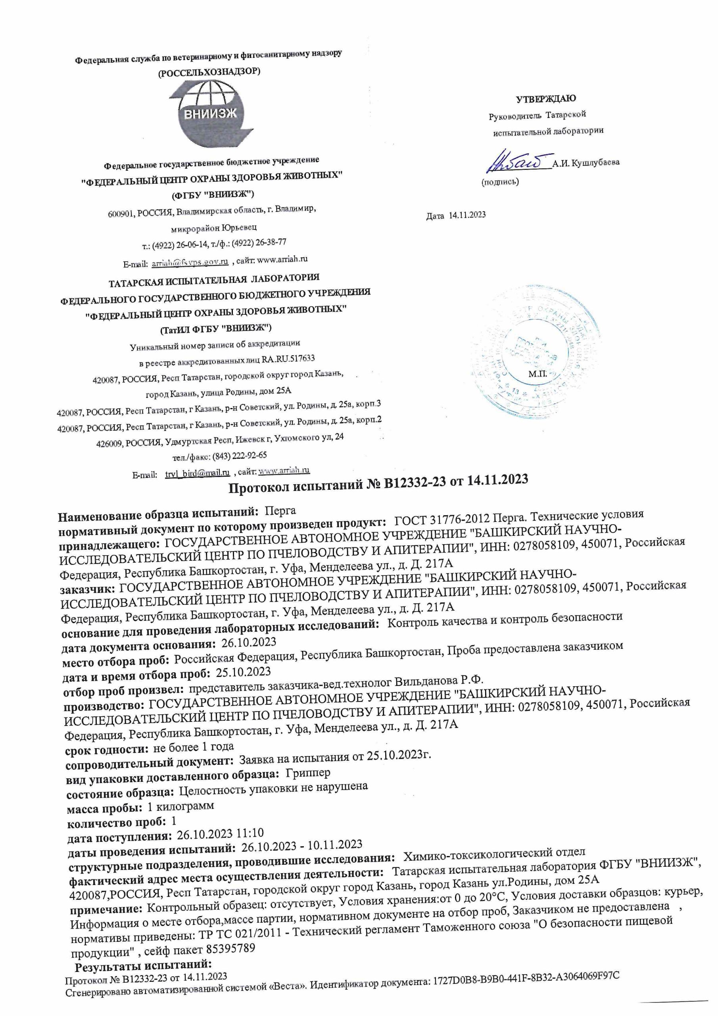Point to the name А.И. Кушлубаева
pyautogui.click(x=587, y=162)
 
